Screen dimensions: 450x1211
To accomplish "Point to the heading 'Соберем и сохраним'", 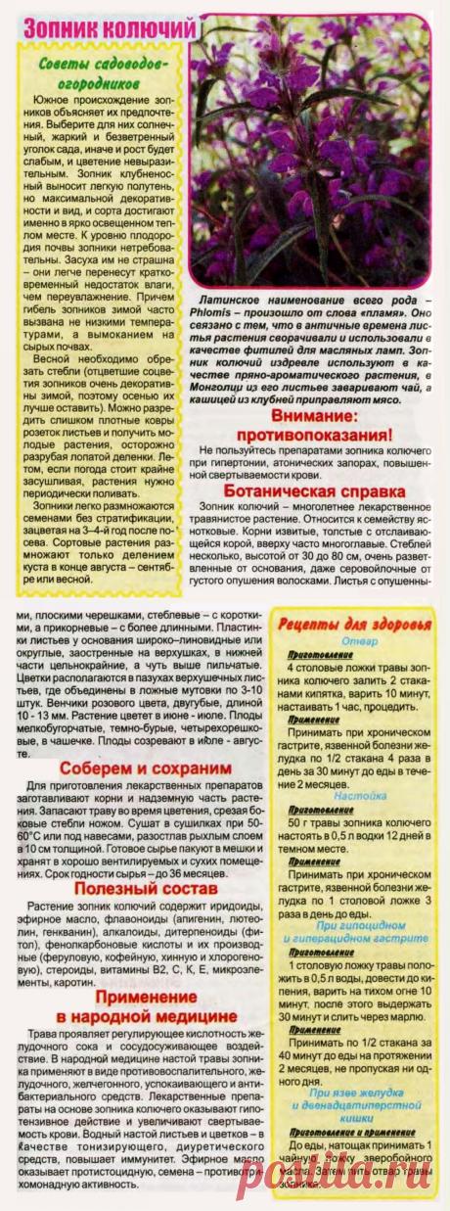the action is (x=127, y=741).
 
